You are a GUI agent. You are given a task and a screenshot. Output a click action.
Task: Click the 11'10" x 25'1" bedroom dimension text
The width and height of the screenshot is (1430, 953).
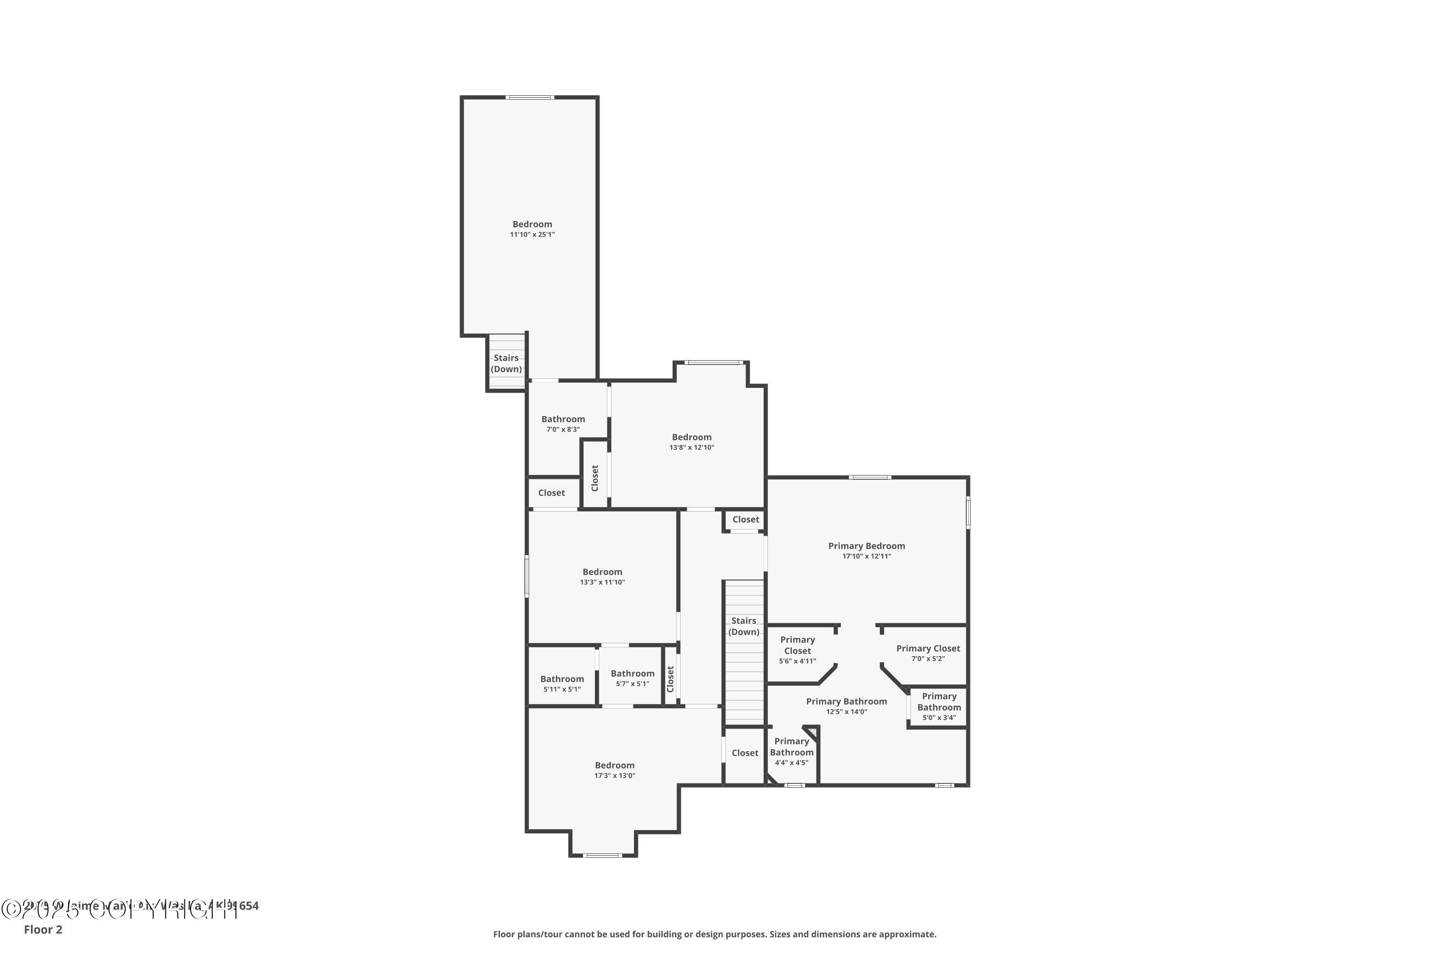click(x=532, y=234)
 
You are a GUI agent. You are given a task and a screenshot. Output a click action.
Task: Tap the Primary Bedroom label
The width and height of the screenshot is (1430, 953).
click(x=867, y=546)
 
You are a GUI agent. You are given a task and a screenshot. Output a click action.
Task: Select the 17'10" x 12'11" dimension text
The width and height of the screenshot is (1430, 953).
click(x=867, y=556)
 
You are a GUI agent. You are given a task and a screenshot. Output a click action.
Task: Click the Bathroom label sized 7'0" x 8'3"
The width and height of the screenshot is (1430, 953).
click(x=563, y=419)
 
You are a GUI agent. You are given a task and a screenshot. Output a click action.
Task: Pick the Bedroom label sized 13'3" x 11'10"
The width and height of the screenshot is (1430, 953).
click(x=602, y=572)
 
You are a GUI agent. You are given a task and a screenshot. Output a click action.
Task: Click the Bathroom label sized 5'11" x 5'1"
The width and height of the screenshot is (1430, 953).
click(x=562, y=679)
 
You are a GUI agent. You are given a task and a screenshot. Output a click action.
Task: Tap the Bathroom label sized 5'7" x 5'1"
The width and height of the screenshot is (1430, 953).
click(x=633, y=673)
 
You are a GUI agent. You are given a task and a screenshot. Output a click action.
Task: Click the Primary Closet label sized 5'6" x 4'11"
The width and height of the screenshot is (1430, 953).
click(x=797, y=645)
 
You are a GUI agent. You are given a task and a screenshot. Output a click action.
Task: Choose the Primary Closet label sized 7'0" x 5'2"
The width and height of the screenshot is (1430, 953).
click(x=928, y=649)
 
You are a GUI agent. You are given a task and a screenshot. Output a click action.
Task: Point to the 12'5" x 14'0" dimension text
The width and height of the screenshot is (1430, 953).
click(x=847, y=712)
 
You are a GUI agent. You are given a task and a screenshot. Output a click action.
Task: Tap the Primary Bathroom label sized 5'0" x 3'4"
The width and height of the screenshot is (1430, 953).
click(x=939, y=701)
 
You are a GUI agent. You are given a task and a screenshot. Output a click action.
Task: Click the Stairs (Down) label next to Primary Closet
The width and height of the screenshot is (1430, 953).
click(x=744, y=626)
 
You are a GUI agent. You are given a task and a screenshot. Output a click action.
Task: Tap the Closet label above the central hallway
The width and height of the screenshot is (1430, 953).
click(x=746, y=520)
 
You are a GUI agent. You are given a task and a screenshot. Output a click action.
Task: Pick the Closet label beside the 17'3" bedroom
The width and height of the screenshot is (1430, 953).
click(x=745, y=753)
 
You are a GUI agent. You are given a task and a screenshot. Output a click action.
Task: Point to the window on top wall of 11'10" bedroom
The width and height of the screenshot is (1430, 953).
click(x=530, y=97)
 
